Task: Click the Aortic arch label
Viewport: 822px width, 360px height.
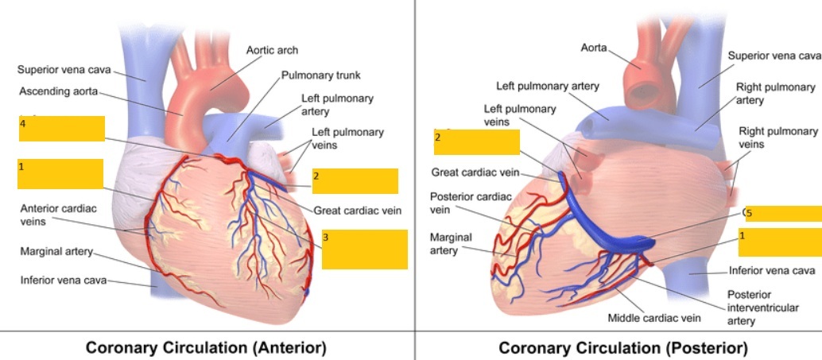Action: coord(272,50)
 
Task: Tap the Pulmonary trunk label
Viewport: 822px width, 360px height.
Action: coord(320,75)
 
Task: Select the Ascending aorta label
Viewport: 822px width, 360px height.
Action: coord(58,91)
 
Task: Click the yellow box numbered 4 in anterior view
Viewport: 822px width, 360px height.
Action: coord(62,129)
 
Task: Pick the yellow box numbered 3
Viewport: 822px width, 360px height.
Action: coord(365,250)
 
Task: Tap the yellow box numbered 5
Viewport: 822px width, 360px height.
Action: coord(781,213)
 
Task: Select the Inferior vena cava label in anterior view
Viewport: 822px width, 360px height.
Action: coord(63,280)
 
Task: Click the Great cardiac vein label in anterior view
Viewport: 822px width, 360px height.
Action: coord(357,211)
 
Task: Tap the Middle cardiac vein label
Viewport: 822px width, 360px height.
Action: coord(654,318)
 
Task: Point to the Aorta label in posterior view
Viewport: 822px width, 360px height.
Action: coord(594,48)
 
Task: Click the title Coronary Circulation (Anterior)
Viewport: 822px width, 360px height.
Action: coord(206,348)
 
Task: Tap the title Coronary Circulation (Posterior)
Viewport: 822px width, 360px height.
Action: coord(623,348)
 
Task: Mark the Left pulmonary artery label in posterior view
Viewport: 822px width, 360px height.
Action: coord(548,86)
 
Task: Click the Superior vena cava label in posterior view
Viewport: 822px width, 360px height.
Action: coord(774,56)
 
